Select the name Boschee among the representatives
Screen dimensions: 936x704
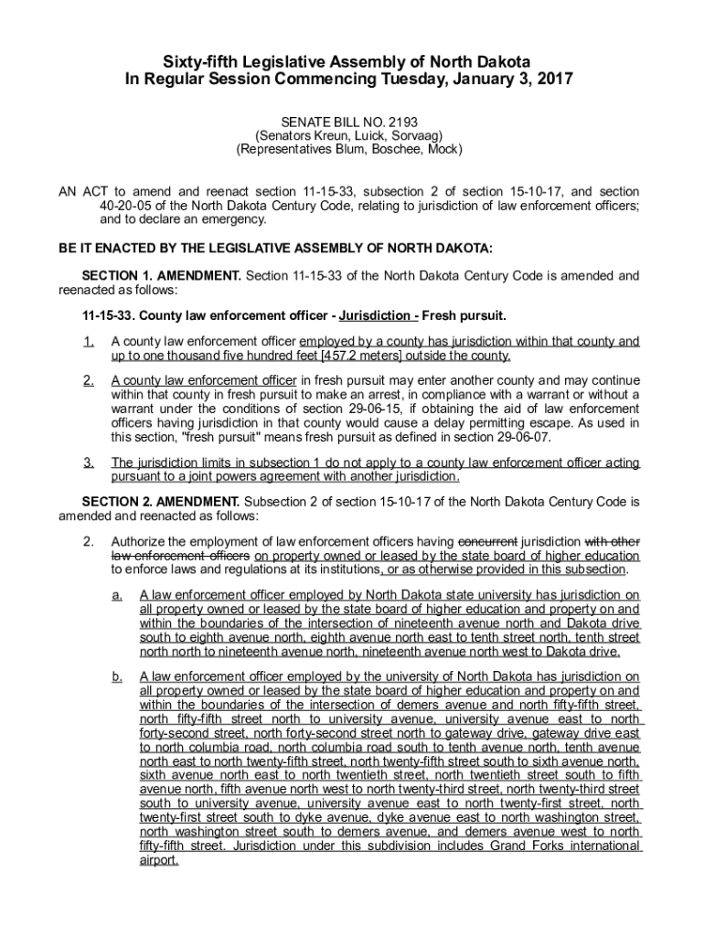click(x=402, y=149)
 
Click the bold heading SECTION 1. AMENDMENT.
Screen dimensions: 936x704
click(x=161, y=275)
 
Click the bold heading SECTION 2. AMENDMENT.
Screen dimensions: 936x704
click(x=161, y=502)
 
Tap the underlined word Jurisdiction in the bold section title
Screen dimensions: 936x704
click(x=375, y=315)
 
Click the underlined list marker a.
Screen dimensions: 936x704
click(x=117, y=595)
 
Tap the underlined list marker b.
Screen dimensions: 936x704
click(x=117, y=676)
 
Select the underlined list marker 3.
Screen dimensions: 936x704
click(x=88, y=463)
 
